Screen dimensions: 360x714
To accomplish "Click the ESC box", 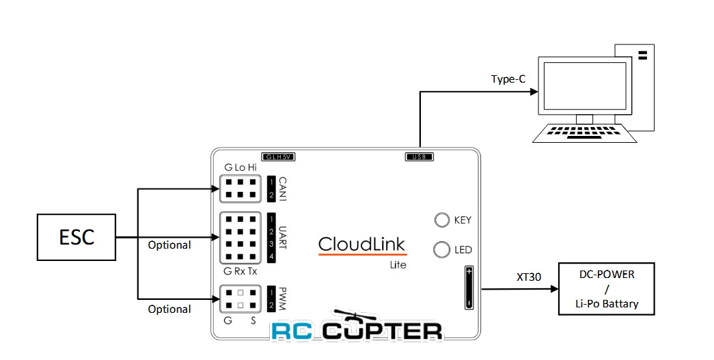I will (75, 238).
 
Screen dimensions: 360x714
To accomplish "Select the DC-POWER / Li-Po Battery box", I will (607, 288).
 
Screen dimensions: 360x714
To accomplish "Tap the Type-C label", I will (508, 79).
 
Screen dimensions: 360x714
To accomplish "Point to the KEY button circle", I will (441, 220).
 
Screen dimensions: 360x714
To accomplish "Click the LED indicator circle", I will (441, 249).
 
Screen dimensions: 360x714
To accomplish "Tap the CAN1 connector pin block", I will (240, 189).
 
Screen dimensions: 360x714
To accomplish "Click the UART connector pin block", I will (240, 238).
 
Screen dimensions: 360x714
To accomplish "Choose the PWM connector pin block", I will (240, 299).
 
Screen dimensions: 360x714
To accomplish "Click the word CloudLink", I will (361, 244).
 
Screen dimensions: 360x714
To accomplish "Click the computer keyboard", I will (585, 133).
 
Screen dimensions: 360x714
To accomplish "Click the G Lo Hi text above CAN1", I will (241, 167).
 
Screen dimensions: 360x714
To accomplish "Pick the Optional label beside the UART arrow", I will (169, 245).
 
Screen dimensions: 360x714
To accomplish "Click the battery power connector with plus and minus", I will (469, 287).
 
